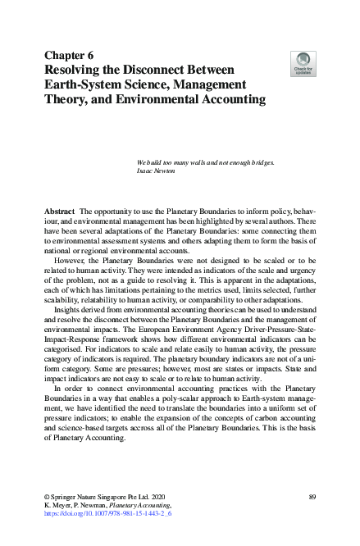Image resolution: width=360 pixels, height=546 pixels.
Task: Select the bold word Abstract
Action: pos(59,211)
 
